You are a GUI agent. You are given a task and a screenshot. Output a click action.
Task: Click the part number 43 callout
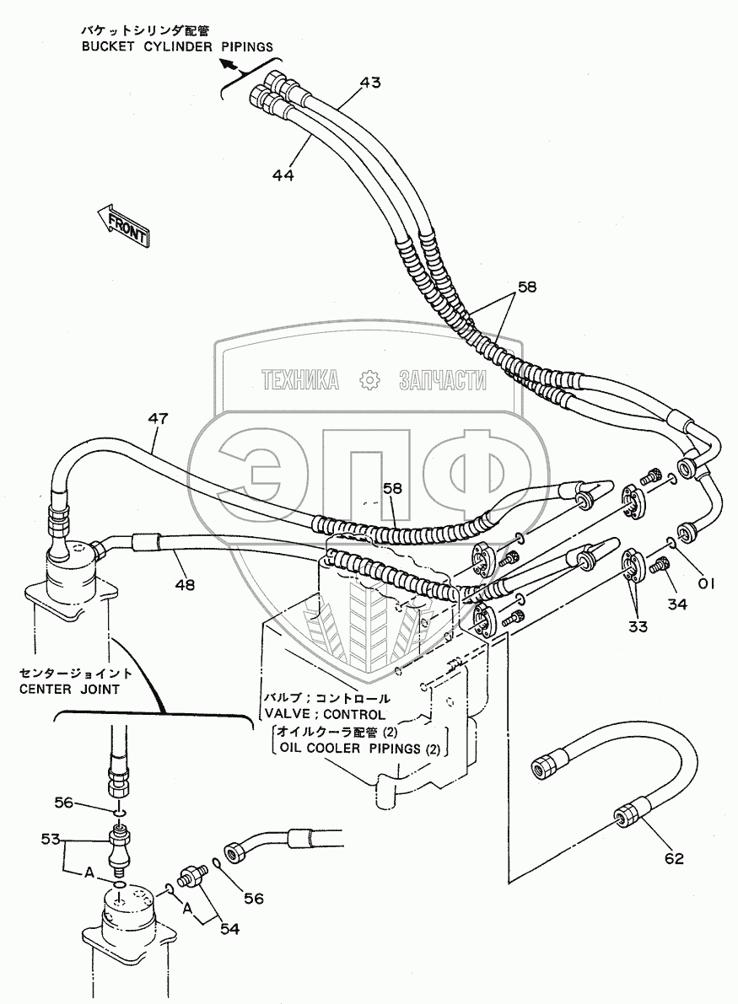click(369, 83)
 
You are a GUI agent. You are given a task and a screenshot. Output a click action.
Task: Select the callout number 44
click(283, 174)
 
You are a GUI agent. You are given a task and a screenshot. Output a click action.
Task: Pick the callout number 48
click(184, 584)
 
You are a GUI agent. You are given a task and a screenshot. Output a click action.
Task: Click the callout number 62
click(673, 858)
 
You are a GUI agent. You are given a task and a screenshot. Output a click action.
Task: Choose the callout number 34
click(676, 604)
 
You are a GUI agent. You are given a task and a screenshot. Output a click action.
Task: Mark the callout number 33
click(638, 626)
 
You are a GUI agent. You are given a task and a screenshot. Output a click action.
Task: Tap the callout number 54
click(229, 928)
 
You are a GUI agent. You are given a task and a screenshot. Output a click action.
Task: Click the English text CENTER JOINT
click(69, 689)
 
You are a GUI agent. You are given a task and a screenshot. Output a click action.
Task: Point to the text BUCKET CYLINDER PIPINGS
click(177, 46)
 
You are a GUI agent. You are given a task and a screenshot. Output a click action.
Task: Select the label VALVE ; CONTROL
click(326, 714)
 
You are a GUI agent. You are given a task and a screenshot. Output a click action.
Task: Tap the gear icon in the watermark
click(369, 380)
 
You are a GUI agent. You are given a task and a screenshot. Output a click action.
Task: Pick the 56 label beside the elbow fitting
click(254, 899)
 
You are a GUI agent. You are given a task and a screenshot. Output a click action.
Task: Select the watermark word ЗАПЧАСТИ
click(442, 380)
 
